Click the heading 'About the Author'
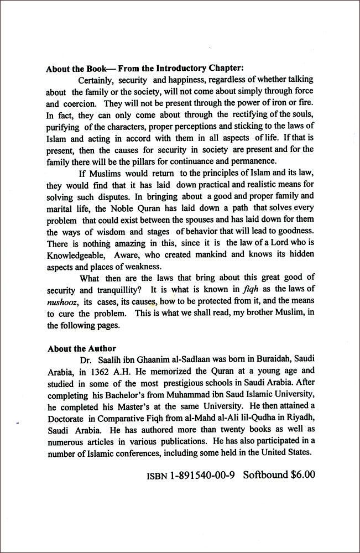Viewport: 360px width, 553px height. pyautogui.click(x=81, y=348)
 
